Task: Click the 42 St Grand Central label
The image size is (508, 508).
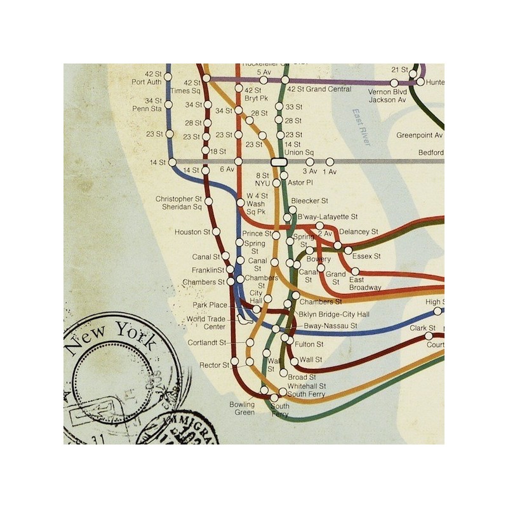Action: [319, 90]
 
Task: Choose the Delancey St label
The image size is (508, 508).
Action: [359, 232]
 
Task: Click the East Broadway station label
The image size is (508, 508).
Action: [365, 284]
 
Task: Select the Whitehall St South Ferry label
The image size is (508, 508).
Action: [306, 391]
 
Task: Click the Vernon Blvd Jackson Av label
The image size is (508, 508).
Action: [388, 96]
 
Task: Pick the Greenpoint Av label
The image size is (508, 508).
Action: [420, 135]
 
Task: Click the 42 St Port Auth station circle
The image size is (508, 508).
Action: [168, 77]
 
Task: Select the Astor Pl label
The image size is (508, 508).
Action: [300, 183]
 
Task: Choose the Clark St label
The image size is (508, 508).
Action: [422, 328]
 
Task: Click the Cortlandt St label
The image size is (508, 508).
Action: [207, 343]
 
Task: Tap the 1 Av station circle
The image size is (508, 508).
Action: [330, 162]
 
